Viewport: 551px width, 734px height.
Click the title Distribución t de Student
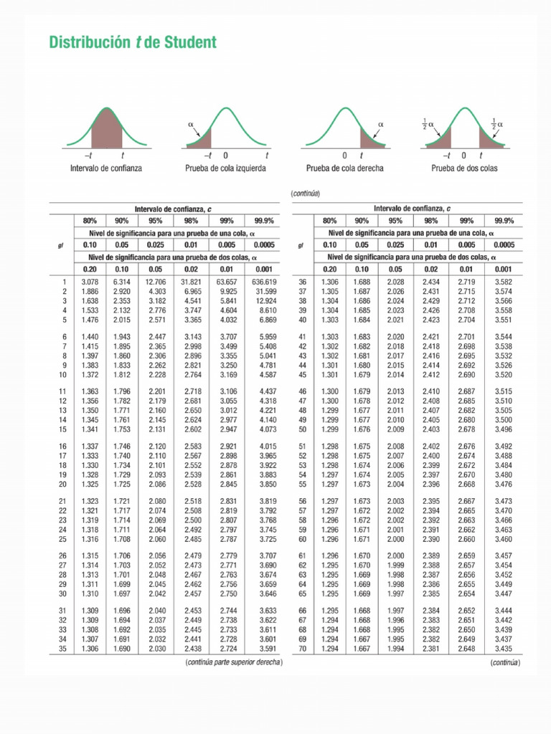point(133,43)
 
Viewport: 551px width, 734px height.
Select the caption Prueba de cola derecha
point(344,168)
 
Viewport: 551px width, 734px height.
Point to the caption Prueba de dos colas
point(464,168)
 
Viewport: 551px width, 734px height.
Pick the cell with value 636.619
point(264,282)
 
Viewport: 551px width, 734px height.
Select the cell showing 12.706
point(156,282)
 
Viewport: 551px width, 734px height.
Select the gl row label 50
point(302,429)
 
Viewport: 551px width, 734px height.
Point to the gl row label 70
point(302,649)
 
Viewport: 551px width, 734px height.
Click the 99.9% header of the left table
point(264,221)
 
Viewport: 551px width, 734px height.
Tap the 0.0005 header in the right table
point(504,245)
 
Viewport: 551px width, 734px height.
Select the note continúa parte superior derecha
point(234,662)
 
